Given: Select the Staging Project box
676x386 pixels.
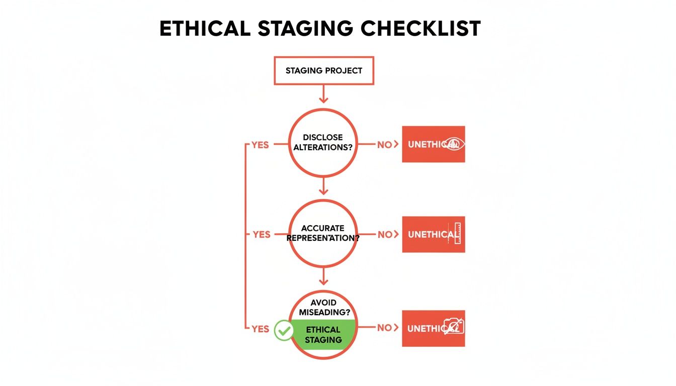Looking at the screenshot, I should pyautogui.click(x=323, y=71).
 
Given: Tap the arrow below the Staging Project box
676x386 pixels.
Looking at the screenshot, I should pyautogui.click(x=323, y=94).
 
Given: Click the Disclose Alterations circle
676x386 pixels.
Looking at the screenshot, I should pyautogui.click(x=323, y=142).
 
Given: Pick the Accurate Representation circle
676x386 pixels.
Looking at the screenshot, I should pyautogui.click(x=323, y=233).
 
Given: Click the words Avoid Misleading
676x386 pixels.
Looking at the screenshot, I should pyautogui.click(x=323, y=307).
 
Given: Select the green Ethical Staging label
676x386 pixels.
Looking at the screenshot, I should pyautogui.click(x=323, y=334).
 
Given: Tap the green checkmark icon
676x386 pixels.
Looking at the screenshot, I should pyautogui.click(x=284, y=330).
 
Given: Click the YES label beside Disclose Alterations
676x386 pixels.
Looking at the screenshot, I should pyautogui.click(x=261, y=145).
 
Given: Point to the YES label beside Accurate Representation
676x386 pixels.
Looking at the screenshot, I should pyautogui.click(x=261, y=234).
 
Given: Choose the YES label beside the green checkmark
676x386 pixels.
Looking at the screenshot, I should pyautogui.click(x=260, y=329).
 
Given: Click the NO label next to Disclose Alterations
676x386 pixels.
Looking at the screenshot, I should pyautogui.click(x=385, y=145).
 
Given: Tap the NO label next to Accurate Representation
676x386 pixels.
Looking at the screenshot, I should pyautogui.click(x=385, y=234).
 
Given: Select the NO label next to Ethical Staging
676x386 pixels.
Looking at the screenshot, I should pyautogui.click(x=385, y=328).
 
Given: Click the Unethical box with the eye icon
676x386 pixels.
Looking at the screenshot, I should pyautogui.click(x=433, y=144).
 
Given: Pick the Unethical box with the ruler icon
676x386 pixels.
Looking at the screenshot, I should pyautogui.click(x=433, y=234).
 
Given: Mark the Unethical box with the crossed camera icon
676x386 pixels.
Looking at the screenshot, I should pyautogui.click(x=433, y=328).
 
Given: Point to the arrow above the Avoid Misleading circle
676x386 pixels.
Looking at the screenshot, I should pyautogui.click(x=323, y=277).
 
